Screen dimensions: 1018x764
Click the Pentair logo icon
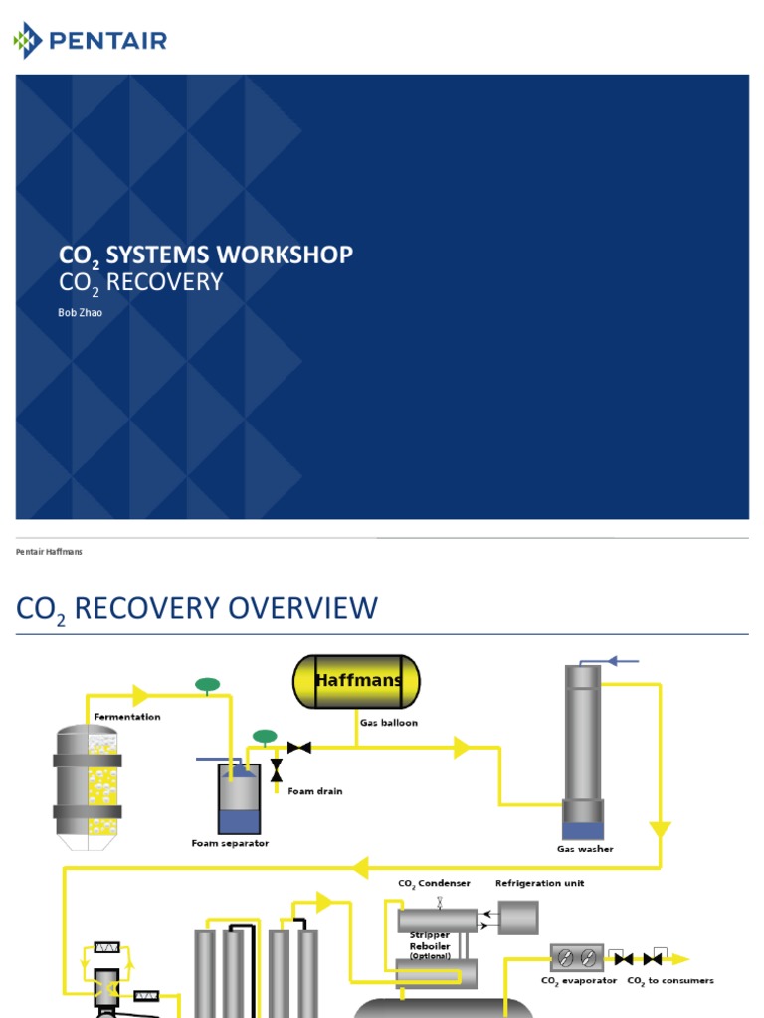click(28, 41)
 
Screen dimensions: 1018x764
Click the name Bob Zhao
click(80, 312)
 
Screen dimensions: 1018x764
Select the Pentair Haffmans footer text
click(50, 552)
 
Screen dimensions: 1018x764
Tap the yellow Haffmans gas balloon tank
click(356, 682)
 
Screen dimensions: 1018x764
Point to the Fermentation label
click(127, 716)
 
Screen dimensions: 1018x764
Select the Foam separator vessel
click(239, 799)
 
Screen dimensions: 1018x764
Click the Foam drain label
click(314, 791)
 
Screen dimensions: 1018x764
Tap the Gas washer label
click(585, 849)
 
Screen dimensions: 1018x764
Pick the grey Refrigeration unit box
click(517, 918)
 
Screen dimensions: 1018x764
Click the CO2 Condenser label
click(434, 883)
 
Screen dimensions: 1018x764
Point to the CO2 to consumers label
click(669, 981)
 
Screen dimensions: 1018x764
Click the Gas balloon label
click(389, 723)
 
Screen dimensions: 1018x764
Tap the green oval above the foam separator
click(265, 737)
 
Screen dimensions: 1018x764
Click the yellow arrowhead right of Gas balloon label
click(462, 748)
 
